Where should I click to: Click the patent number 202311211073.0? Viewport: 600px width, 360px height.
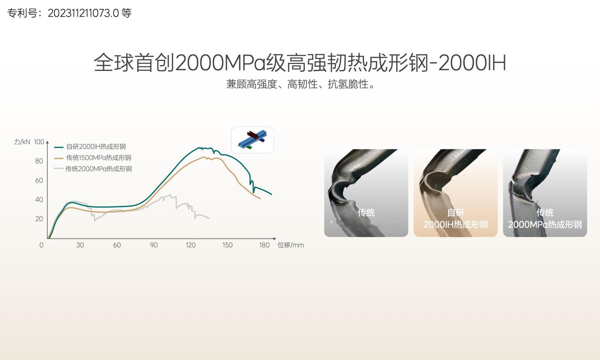tap(83, 13)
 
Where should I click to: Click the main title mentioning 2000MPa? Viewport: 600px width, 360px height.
tap(300, 62)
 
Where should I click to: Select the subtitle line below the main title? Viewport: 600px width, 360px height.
tap(300, 84)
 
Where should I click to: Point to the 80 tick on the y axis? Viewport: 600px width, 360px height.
tap(39, 161)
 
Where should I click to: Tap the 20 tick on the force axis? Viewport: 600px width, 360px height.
tap(39, 219)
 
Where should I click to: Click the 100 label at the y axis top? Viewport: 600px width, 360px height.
tap(39, 142)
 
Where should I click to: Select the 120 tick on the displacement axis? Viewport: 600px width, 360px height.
tap(191, 245)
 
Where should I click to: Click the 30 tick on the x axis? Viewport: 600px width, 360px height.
tap(80, 245)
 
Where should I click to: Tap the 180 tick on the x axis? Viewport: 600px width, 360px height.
tap(264, 245)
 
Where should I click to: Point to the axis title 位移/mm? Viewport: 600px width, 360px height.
tap(291, 245)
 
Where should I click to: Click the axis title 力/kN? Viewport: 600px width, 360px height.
tap(22, 142)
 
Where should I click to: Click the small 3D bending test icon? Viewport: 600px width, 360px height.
tap(252, 140)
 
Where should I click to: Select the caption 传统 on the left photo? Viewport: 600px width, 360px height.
tap(366, 213)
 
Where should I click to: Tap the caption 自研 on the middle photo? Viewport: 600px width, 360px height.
tap(456, 213)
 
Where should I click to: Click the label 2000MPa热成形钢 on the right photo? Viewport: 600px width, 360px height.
tap(545, 225)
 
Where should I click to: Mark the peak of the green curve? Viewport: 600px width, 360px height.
tap(199, 147)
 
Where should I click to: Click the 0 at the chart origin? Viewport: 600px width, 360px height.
tap(41, 245)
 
